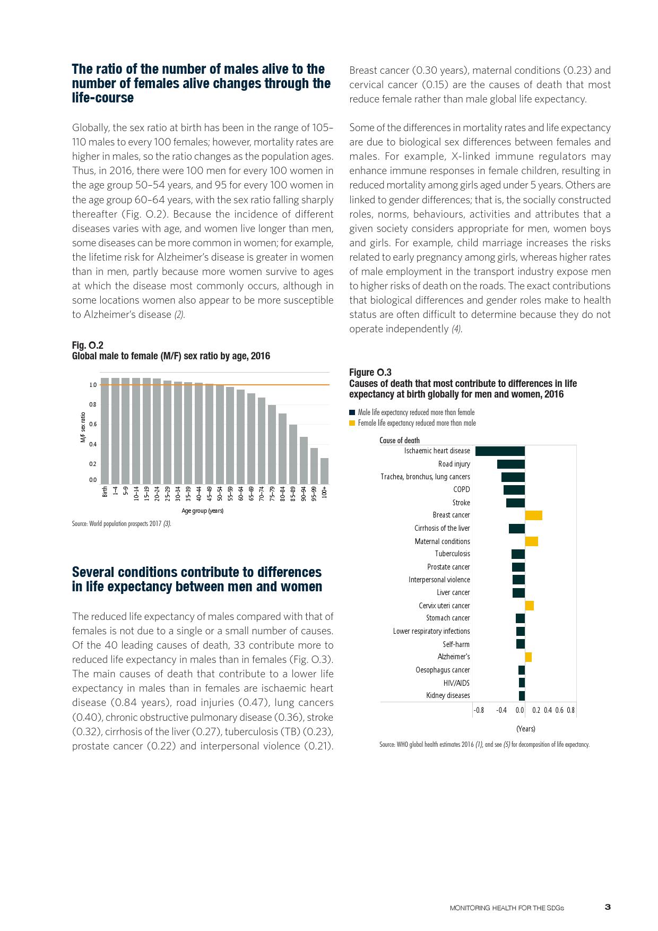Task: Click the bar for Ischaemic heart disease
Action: tap(500, 451)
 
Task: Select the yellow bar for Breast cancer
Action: tap(533, 515)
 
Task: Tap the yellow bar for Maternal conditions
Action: tap(531, 541)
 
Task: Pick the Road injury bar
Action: tap(510, 464)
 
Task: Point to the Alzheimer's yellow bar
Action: tap(528, 657)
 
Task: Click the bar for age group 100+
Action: tap(324, 471)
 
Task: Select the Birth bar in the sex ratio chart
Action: tap(105, 430)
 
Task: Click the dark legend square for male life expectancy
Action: tap(352, 412)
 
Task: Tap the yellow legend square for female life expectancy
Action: tap(352, 423)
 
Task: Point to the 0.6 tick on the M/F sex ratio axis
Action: tap(93, 425)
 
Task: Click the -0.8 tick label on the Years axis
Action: tap(479, 710)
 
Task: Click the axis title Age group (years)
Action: tap(202, 511)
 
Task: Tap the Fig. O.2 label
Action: tap(88, 346)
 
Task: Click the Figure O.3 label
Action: tap(370, 373)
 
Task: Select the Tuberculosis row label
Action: tap(452, 554)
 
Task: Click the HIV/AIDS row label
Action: tap(456, 683)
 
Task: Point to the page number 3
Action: tap(608, 907)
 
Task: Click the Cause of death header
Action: tap(399, 441)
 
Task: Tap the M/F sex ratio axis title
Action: tap(83, 428)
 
